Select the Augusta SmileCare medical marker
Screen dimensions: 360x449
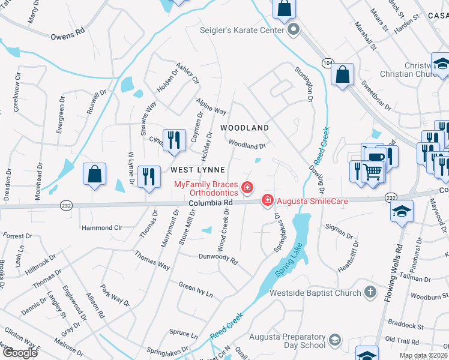tap(267, 200)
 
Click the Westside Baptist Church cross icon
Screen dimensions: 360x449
tap(371, 293)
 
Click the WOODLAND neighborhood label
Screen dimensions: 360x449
tap(244, 128)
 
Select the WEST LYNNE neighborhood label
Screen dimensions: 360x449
tap(196, 170)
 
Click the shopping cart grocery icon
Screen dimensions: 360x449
tap(373, 171)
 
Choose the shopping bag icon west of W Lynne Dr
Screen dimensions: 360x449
tap(94, 174)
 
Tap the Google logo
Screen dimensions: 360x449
tap(20, 353)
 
